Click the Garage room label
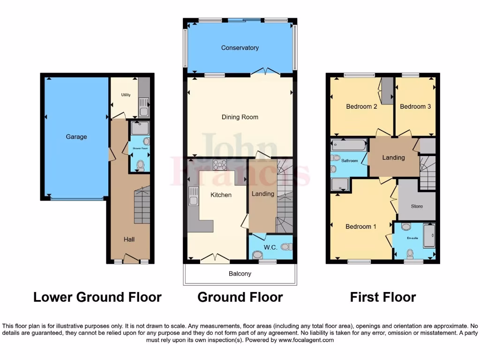tap(76, 137)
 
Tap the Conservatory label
tap(240, 48)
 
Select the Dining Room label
tap(240, 117)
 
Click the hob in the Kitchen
tap(219, 165)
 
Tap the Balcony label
tap(240, 274)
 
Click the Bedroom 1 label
tap(361, 227)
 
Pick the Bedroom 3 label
tap(415, 106)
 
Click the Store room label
tap(417, 206)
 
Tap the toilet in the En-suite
tap(410, 254)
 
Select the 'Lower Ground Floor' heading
tap(97, 297)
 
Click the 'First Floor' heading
tap(383, 297)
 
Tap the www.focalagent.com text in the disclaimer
tap(306, 340)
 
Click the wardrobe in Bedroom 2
tap(387, 91)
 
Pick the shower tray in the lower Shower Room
tap(140, 128)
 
